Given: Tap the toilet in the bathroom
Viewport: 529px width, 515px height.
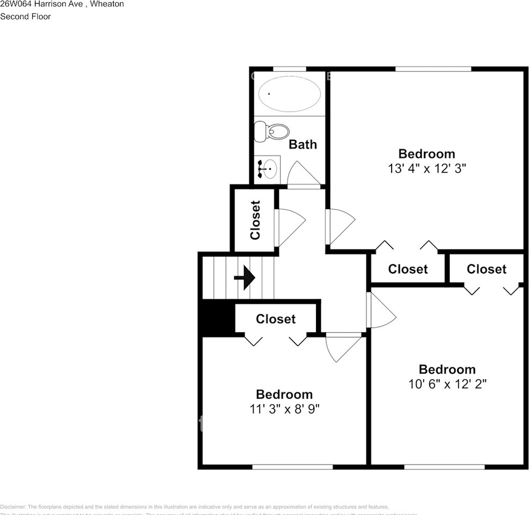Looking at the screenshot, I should tap(272, 131).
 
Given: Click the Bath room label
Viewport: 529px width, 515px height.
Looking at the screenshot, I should tap(303, 144).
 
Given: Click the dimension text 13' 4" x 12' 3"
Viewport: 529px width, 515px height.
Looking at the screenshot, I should tap(427, 168).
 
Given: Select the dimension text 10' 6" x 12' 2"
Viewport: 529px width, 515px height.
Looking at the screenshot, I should tap(447, 384).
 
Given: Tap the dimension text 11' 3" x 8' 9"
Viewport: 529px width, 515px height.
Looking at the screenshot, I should tap(284, 409).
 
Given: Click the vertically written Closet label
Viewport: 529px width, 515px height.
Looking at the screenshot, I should tap(255, 220).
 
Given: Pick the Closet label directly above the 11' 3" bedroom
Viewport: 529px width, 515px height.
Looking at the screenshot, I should tap(275, 319).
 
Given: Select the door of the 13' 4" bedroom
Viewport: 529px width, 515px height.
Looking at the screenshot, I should tap(339, 225).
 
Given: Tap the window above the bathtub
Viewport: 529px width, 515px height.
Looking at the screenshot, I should tap(290, 69).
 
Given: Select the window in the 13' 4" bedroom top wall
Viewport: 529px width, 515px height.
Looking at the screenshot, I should tap(433, 69).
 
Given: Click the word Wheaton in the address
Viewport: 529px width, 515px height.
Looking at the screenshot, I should tap(107, 4).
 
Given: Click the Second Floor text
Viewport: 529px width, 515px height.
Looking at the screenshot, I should tap(25, 17).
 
